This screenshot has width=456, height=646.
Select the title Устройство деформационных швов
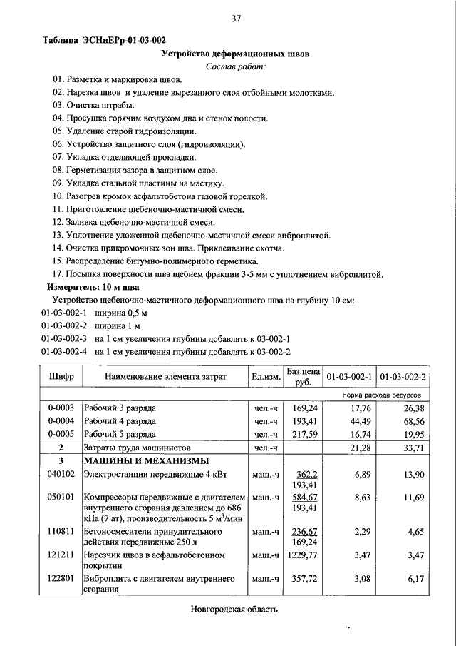[x=235, y=54]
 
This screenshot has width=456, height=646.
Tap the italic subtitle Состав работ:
[x=235, y=66]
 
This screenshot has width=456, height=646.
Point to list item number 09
[x=58, y=183]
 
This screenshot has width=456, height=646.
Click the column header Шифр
[x=62, y=376]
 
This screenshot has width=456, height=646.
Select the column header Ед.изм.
[x=265, y=376]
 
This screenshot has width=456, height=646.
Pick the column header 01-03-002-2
[x=403, y=376]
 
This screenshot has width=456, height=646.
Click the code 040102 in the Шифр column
[x=62, y=474]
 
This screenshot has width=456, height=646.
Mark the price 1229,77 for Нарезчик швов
[x=304, y=555]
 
